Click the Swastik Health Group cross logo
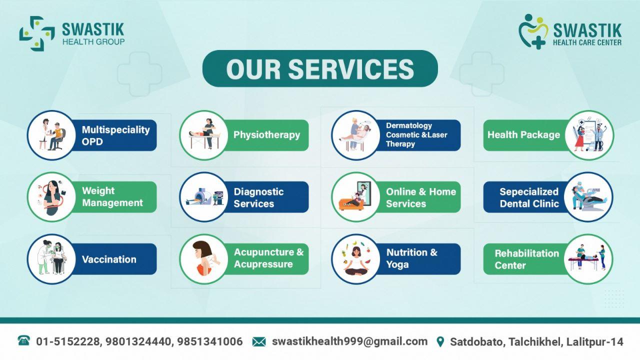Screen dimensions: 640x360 pyautogui.click(x=37, y=33)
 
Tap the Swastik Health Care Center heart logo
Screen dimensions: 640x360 pyautogui.click(x=533, y=31)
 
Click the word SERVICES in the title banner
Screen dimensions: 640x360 pyautogui.click(x=351, y=69)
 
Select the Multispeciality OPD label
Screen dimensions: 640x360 pyautogui.click(x=115, y=135)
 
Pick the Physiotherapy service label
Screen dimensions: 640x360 pyautogui.click(x=266, y=135)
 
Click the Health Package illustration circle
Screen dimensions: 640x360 pyautogui.click(x=589, y=135)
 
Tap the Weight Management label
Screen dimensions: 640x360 pyautogui.click(x=112, y=197)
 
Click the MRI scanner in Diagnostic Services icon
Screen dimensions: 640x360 pyautogui.click(x=200, y=196)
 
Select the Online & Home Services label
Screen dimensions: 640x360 pyautogui.click(x=421, y=197)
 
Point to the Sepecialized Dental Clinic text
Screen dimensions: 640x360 pyautogui.click(x=529, y=197)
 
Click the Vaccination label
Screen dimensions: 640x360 pyautogui.click(x=109, y=259)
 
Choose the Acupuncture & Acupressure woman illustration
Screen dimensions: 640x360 pyautogui.click(x=204, y=258)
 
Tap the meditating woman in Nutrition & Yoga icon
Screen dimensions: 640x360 pyautogui.click(x=355, y=261)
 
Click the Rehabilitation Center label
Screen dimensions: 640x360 pyautogui.click(x=526, y=259)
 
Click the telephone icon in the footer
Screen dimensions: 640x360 pyautogui.click(x=23, y=340)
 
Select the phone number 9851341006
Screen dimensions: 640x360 pyautogui.click(x=210, y=341)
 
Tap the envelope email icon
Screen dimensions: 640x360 pyautogui.click(x=259, y=341)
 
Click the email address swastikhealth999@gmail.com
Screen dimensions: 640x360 pyautogui.click(x=349, y=341)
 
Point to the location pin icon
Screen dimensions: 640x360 pyautogui.click(x=440, y=341)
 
